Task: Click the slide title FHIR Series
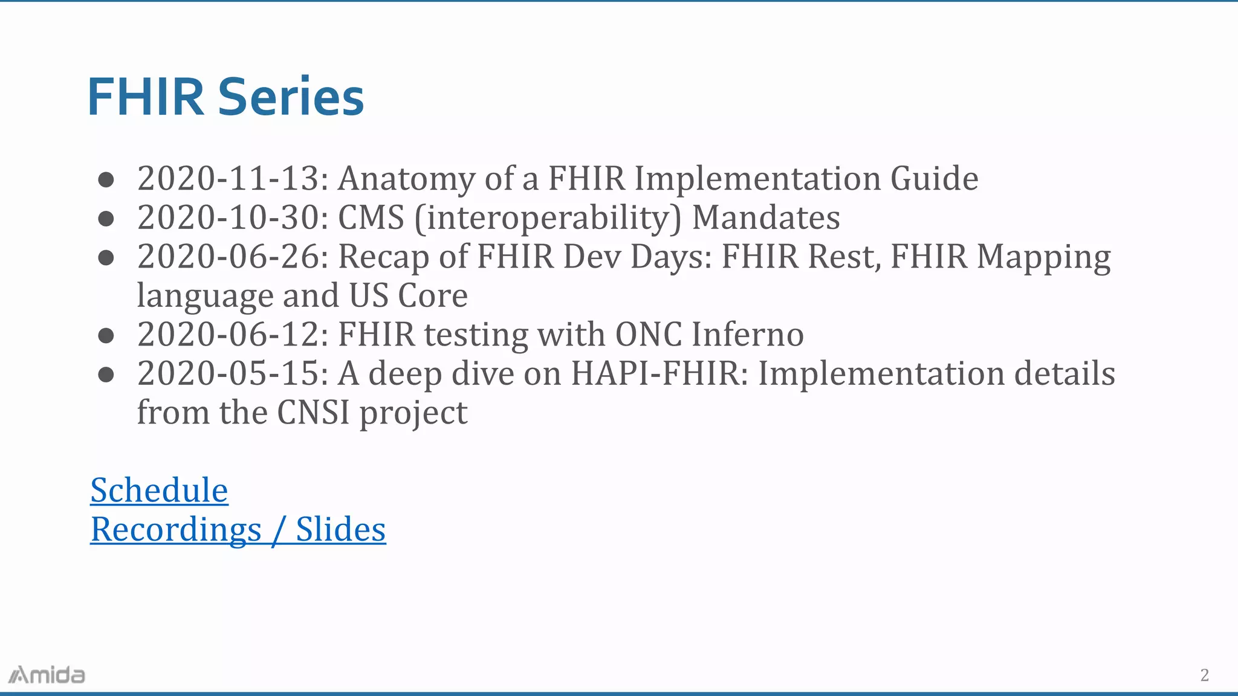click(x=225, y=97)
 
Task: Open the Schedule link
click(x=159, y=490)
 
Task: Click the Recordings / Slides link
click(x=238, y=529)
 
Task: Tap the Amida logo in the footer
click(x=47, y=675)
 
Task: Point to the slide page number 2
click(x=1204, y=675)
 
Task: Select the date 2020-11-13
click(x=228, y=178)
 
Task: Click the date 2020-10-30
click(x=228, y=217)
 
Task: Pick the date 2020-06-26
click(x=228, y=256)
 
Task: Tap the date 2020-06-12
click(x=228, y=334)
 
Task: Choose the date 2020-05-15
click(x=228, y=373)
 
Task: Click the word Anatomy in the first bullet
click(x=406, y=179)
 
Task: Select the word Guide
click(x=934, y=178)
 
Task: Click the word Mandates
click(x=766, y=217)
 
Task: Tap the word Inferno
click(x=748, y=334)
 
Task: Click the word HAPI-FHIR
click(x=655, y=373)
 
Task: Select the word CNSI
click(x=313, y=413)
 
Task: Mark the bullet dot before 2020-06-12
click(x=106, y=335)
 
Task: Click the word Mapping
click(x=1043, y=257)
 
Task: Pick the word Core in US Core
click(x=433, y=296)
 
